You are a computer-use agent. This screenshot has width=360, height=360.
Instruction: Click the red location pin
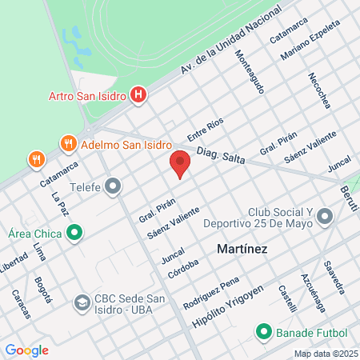pyautogui.click(x=180, y=164)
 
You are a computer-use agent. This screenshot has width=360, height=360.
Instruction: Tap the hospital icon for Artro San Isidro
pyautogui.click(x=139, y=97)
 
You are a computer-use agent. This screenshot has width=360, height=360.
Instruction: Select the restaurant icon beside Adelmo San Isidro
pyautogui.click(x=68, y=145)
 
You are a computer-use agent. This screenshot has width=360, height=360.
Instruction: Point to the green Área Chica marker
pyautogui.click(x=75, y=234)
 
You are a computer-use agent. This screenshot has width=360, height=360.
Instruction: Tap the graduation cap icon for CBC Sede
pyautogui.click(x=82, y=304)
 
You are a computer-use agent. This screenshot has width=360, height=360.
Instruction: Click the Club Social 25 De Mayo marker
pyautogui.click(x=324, y=216)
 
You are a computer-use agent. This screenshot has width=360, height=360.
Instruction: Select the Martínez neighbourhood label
pyautogui.click(x=242, y=250)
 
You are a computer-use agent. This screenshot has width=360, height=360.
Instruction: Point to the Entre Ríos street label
pyautogui.click(x=206, y=129)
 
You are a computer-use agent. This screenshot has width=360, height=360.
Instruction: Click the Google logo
pyautogui.click(x=26, y=350)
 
